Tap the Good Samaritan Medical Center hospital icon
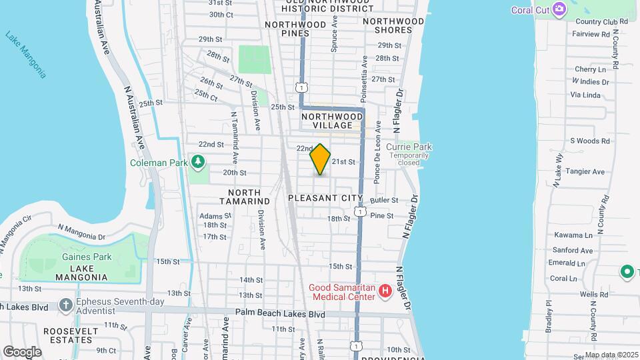click(x=385, y=291)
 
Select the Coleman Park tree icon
click(x=198, y=162)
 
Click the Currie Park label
click(x=410, y=147)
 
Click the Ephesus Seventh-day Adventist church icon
click(x=65, y=305)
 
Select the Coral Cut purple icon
click(x=559, y=9)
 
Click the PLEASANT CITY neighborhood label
click(x=325, y=199)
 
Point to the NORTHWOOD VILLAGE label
click(x=332, y=121)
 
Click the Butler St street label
click(x=384, y=200)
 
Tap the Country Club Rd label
click(x=601, y=21)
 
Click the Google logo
click(x=22, y=351)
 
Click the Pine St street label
click(x=382, y=215)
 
